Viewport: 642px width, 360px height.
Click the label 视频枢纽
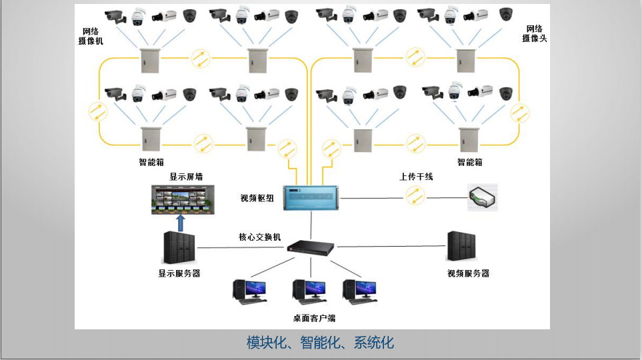(x=257, y=198)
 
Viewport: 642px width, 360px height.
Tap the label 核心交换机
(x=260, y=237)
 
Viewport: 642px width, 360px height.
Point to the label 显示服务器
(x=179, y=273)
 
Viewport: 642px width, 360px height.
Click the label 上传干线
(x=416, y=177)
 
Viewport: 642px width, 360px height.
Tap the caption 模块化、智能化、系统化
(x=320, y=343)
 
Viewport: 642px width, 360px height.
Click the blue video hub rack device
(x=313, y=198)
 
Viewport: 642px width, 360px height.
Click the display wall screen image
(x=182, y=199)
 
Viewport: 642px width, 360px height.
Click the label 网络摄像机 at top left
(x=91, y=36)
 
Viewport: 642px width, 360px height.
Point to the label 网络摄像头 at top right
(x=535, y=33)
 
